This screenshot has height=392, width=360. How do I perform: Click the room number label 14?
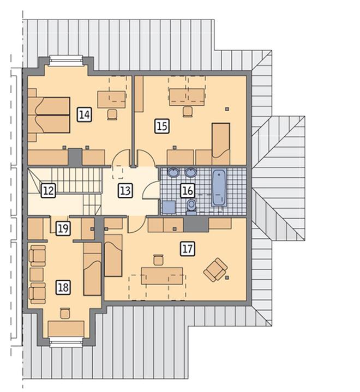click(85, 114)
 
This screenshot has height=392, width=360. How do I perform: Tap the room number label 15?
click(162, 126)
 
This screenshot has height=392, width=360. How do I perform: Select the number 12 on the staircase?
click(49, 191)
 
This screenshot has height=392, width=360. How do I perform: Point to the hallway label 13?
click(125, 191)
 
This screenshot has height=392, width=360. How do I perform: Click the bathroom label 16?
click(188, 190)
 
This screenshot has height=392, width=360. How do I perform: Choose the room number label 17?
click(188, 249)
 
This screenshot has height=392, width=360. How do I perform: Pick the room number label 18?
click(63, 287)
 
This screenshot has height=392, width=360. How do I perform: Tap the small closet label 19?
click(63, 228)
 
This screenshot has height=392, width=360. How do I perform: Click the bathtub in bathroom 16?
click(219, 188)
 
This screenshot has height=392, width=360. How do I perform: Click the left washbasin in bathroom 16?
click(173, 172)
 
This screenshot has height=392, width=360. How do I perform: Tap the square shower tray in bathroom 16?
click(169, 207)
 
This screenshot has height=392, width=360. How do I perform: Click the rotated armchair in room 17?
click(215, 270)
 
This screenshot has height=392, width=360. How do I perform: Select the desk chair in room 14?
click(112, 114)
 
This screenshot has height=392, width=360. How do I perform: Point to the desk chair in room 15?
click(188, 112)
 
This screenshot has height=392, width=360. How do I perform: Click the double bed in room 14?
click(49, 115)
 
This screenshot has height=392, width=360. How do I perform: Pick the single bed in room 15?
click(221, 143)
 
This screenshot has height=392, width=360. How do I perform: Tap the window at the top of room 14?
click(66, 61)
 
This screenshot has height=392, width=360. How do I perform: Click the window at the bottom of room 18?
click(66, 342)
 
